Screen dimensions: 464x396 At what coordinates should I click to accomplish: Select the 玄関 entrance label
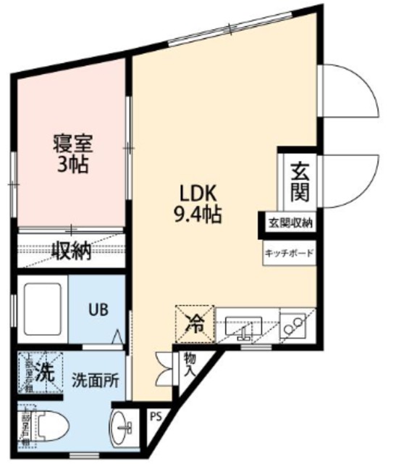point(299,183)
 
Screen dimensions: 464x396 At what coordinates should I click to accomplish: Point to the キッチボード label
point(289,253)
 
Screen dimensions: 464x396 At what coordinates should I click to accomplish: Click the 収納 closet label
point(71,251)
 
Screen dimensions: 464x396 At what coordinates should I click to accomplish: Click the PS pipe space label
point(154,418)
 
